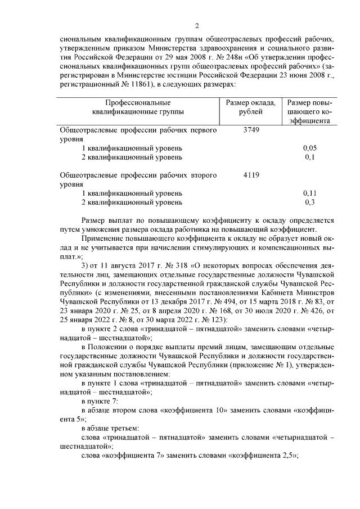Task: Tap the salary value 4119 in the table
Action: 251,175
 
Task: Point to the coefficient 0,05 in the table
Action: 309,148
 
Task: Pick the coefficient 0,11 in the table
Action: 309,193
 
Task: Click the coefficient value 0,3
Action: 309,202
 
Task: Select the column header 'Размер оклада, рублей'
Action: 251,107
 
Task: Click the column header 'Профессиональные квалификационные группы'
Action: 138,107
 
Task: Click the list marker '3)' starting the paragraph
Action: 85,264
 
